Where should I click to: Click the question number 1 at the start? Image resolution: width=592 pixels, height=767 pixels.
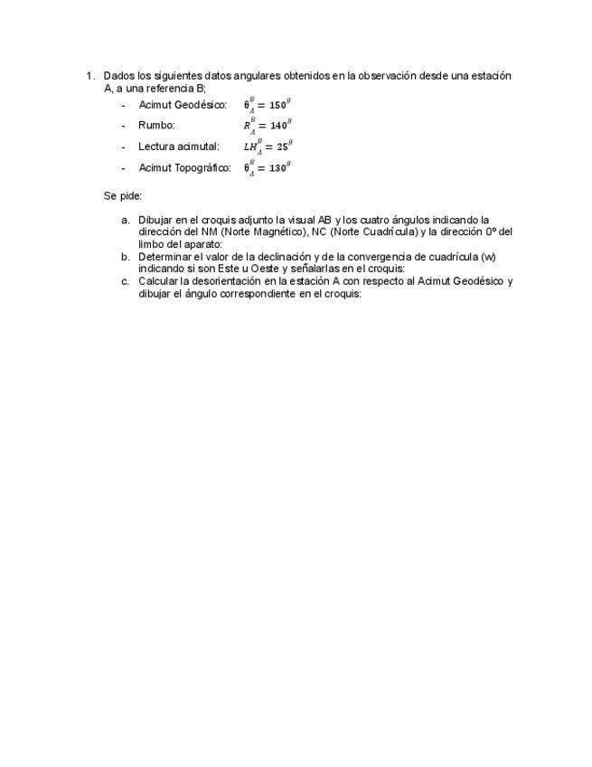point(89,76)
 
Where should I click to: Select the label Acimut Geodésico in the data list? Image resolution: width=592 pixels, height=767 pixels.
point(182,105)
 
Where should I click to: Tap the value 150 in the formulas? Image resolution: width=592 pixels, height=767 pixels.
point(277,105)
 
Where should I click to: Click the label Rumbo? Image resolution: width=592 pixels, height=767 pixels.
point(156,126)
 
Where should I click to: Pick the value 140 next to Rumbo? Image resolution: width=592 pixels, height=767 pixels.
point(278,126)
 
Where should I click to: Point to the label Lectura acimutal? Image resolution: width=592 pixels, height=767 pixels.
point(178,147)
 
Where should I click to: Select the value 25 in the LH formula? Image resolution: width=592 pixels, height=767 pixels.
point(282,147)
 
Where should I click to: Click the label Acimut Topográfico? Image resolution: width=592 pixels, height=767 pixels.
point(184,167)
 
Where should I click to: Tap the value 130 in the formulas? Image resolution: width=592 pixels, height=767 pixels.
point(277,167)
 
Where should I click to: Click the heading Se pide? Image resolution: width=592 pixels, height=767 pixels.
point(123,195)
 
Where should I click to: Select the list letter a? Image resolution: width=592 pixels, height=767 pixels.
point(126,220)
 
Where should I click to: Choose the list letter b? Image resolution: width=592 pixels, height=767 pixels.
point(126,257)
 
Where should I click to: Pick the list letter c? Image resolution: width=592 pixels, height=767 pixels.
point(126,281)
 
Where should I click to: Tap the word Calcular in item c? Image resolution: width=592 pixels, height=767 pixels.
point(158,281)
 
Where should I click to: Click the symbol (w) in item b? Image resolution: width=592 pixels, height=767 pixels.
point(488,257)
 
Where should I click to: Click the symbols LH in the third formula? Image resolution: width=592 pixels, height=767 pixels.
point(249,147)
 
